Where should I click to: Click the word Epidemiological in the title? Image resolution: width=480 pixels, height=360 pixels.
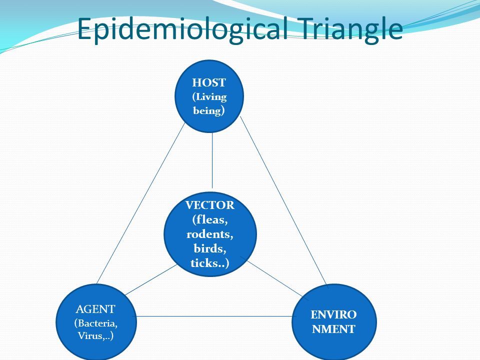click(x=182, y=29)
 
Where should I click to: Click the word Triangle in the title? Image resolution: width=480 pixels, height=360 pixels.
click(x=349, y=29)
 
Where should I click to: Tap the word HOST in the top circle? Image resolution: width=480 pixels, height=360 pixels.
click(x=209, y=82)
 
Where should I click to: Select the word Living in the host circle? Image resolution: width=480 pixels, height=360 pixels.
click(x=211, y=96)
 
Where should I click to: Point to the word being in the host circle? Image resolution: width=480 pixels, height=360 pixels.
click(x=207, y=110)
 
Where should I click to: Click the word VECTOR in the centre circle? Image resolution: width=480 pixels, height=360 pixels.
click(x=210, y=205)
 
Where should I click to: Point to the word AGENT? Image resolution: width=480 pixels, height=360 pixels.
click(x=95, y=309)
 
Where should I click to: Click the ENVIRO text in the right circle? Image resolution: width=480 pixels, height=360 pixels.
click(x=333, y=314)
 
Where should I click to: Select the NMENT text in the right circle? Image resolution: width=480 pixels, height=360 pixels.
click(x=333, y=329)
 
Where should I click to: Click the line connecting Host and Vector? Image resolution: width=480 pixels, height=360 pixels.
click(x=212, y=160)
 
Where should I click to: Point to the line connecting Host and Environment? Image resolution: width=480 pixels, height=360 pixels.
click(x=284, y=201)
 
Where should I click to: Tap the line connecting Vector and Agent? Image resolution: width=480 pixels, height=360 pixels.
click(x=151, y=279)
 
